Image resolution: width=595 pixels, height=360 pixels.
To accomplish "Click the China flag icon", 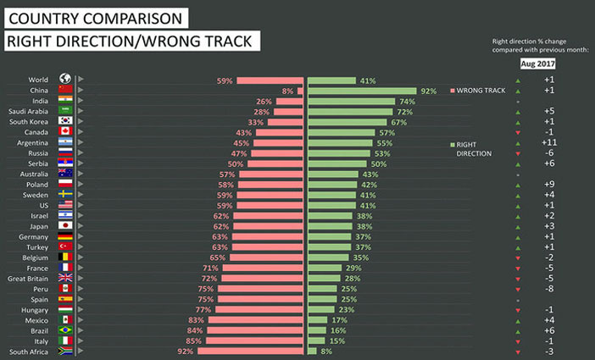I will coord(64,90).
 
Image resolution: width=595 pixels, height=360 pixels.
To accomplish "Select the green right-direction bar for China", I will coord(361,91).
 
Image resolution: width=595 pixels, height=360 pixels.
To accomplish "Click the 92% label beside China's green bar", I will coord(428,91).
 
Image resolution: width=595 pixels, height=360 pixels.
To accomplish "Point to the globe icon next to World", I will coord(64,79).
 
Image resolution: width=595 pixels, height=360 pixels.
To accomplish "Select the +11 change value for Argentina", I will coord(549,143).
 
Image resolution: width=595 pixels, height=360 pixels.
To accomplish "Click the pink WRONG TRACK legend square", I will coord(453,90).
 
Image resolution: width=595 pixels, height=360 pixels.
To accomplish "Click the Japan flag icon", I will coord(64,225).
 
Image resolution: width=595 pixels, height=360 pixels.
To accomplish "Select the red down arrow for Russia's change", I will coord(518,153).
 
